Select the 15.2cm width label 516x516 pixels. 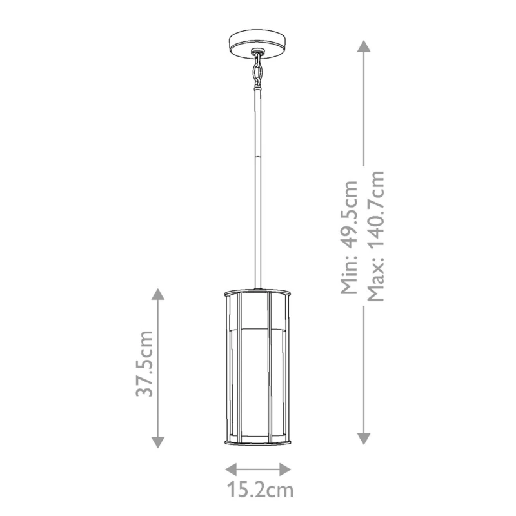click(257, 491)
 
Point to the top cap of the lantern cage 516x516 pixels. click(257, 291)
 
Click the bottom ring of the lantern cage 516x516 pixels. click(257, 443)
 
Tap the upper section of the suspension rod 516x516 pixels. click(258, 123)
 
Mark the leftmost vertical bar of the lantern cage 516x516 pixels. click(226, 368)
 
